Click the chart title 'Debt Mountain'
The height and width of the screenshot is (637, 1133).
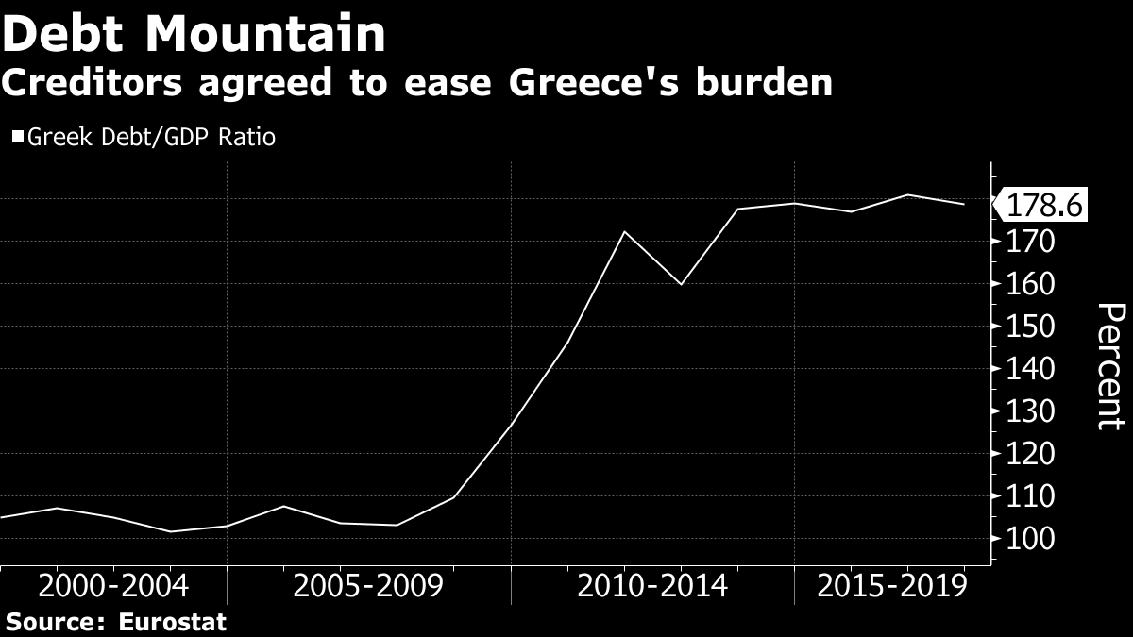[194, 36]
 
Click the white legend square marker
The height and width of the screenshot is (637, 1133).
[18, 138]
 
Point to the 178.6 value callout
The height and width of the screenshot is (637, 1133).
[1044, 205]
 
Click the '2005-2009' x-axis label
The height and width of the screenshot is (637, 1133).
[368, 586]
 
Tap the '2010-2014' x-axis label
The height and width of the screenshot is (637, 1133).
[652, 586]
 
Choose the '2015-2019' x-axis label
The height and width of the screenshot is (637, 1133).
[892, 586]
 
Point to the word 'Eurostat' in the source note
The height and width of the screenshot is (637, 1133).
[173, 623]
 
